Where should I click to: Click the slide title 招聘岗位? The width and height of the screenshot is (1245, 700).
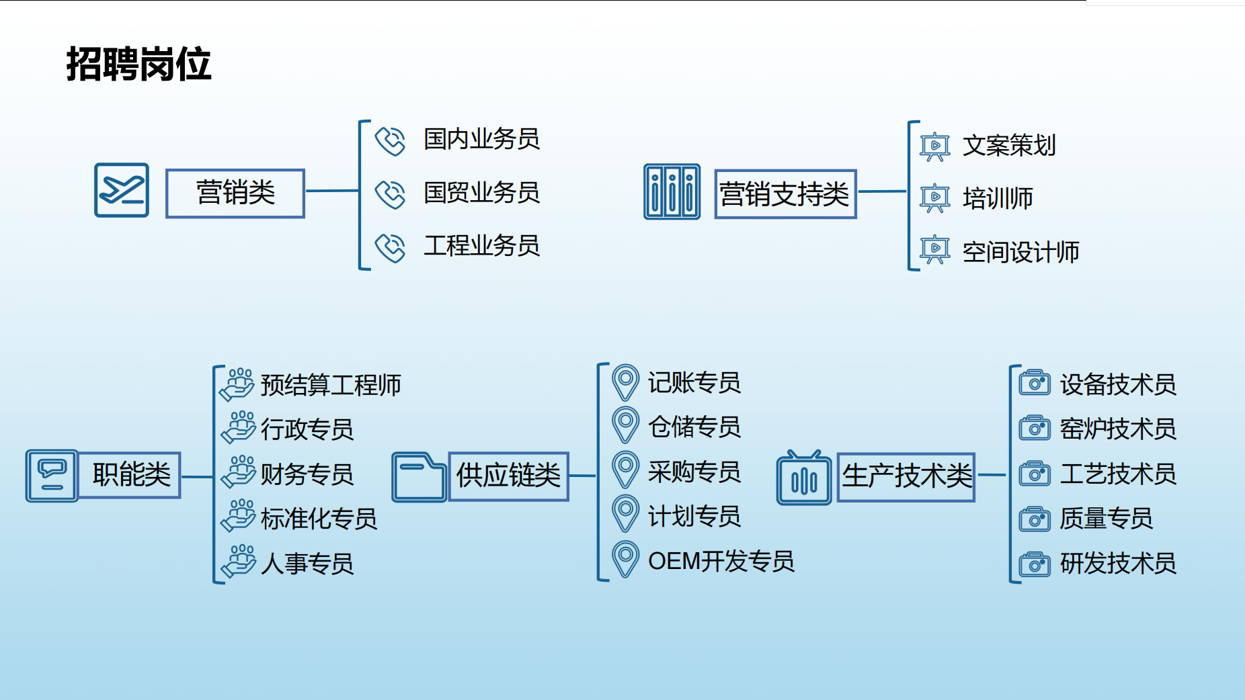pos(138,64)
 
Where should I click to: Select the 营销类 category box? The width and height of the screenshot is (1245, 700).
pos(235,193)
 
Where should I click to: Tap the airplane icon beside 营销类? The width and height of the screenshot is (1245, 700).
pos(122,190)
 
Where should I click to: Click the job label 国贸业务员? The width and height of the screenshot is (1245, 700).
pos(481,193)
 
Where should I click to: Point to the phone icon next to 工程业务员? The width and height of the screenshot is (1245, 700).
pos(390,247)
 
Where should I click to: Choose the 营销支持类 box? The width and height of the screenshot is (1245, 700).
pos(785,194)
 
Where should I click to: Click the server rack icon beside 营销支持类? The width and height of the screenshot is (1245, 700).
pos(672,192)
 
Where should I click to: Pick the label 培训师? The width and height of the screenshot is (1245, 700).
pos(998,199)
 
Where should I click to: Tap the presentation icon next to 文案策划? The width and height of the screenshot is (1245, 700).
pos(935,146)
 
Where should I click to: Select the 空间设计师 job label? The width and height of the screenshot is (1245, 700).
pos(1020,253)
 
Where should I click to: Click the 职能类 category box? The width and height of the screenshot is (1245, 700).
pos(130,475)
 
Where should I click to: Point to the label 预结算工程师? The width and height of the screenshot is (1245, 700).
pos(330,386)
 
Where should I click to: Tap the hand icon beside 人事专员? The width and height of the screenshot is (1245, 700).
pos(239,561)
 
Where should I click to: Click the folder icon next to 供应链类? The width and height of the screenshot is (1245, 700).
pos(419,477)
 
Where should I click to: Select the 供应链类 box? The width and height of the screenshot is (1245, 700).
pos(508,476)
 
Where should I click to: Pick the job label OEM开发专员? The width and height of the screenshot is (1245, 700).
pos(721,562)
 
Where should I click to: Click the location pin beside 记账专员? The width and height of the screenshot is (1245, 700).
pos(625,382)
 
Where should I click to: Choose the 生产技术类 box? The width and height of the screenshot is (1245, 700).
pos(906,476)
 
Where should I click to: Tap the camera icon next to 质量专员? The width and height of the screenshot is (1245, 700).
pos(1035,519)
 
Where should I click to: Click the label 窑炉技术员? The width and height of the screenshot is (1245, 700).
pos(1118,429)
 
